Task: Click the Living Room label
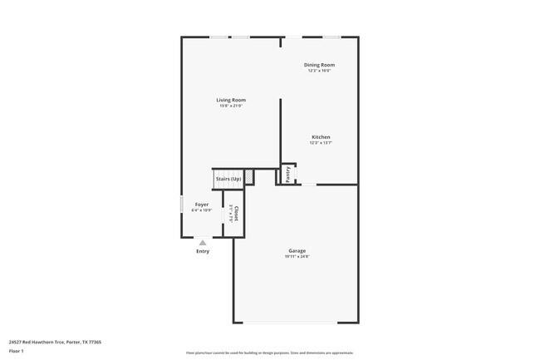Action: (232, 100)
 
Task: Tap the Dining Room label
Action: (319, 64)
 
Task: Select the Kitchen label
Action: (321, 137)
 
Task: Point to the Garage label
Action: (297, 250)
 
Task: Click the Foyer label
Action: (202, 204)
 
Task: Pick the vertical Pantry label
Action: (288, 175)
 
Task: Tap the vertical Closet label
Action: (236, 213)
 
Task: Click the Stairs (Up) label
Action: (228, 179)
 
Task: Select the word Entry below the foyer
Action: (203, 251)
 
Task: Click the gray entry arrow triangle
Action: (203, 242)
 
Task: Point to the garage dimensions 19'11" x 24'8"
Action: (297, 256)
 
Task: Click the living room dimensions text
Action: (232, 106)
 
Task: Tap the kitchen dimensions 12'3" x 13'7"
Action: (321, 143)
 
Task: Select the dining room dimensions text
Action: (319, 70)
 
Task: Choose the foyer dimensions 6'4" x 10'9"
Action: (202, 210)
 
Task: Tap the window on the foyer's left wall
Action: (182, 205)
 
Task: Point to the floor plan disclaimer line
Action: (270, 353)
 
